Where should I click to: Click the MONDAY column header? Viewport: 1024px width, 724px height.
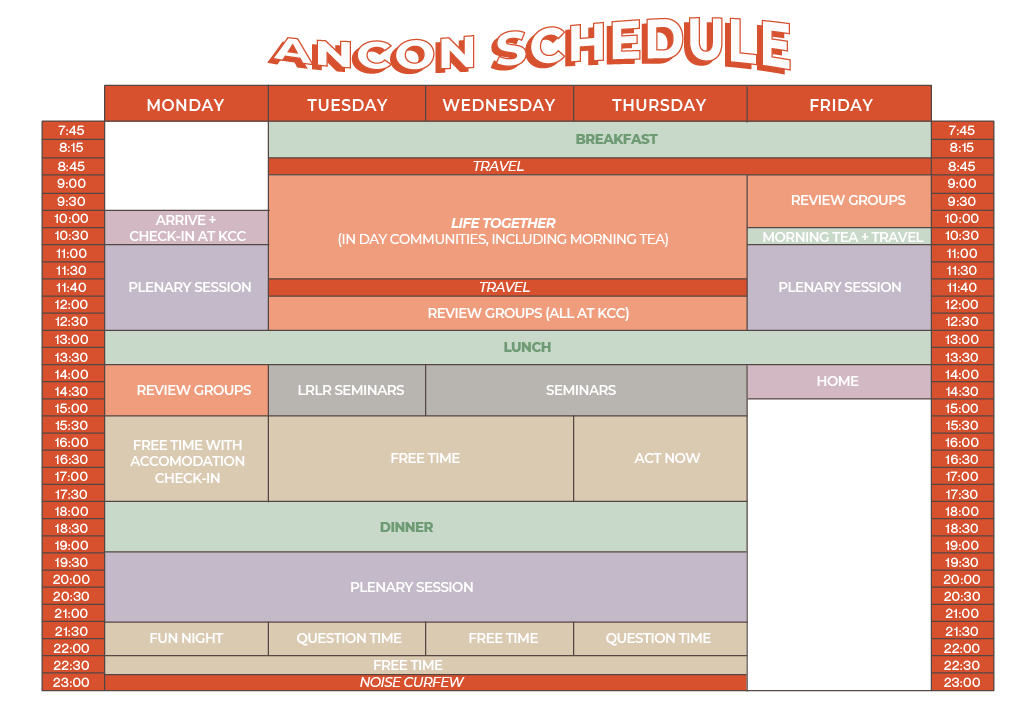(186, 104)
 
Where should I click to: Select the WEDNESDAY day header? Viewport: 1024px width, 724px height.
(499, 104)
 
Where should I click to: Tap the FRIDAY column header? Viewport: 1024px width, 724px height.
(840, 104)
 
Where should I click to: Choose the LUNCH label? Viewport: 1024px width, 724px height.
(527, 347)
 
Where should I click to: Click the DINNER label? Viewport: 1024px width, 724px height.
(406, 527)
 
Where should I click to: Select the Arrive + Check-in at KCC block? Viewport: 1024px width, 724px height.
(187, 227)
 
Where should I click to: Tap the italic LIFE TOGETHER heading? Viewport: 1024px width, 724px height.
(503, 223)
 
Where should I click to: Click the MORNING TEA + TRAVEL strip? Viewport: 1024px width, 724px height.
(839, 236)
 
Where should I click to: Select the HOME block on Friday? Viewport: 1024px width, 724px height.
(839, 381)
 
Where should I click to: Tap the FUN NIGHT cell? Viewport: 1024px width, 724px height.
(186, 638)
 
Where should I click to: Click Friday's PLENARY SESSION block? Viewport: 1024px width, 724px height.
(839, 287)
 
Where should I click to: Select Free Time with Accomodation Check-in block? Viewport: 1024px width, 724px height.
(187, 461)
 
